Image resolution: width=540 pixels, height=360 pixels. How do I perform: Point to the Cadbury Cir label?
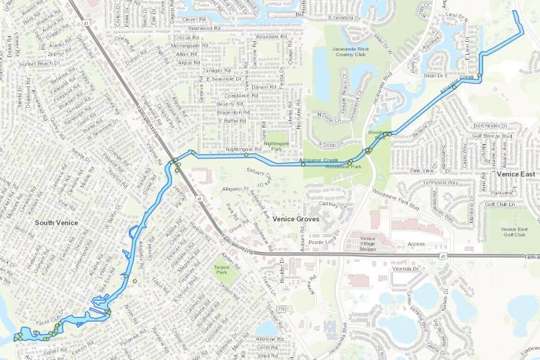(x=333, y=205)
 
